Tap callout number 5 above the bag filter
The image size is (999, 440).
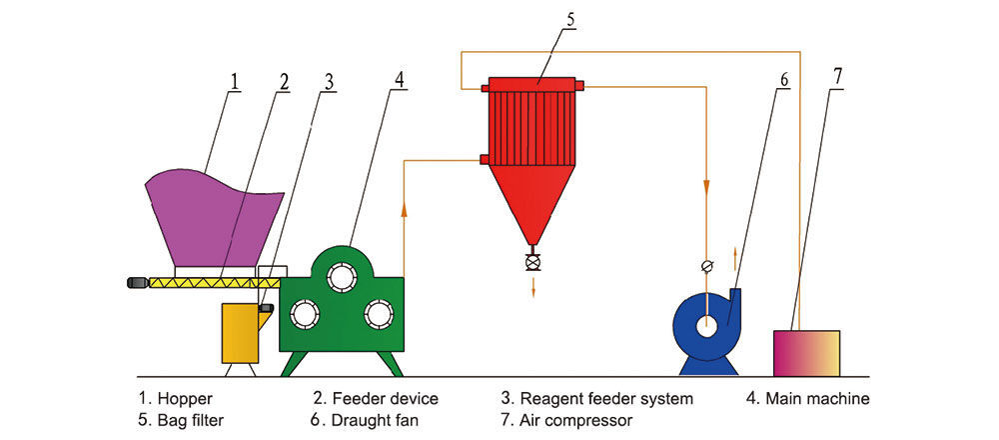(x=568, y=19)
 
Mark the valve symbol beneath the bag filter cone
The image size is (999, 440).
(x=532, y=264)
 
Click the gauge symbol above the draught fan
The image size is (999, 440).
(x=706, y=265)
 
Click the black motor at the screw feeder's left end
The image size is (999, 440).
(x=135, y=283)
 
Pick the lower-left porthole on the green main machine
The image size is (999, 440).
(x=303, y=315)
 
